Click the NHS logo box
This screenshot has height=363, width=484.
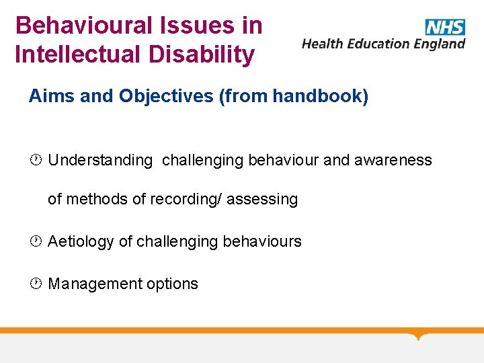pos(444,27)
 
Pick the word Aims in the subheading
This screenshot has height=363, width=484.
pos(52,97)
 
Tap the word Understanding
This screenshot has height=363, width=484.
pos(100,161)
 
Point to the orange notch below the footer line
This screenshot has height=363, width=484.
pos(419,336)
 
